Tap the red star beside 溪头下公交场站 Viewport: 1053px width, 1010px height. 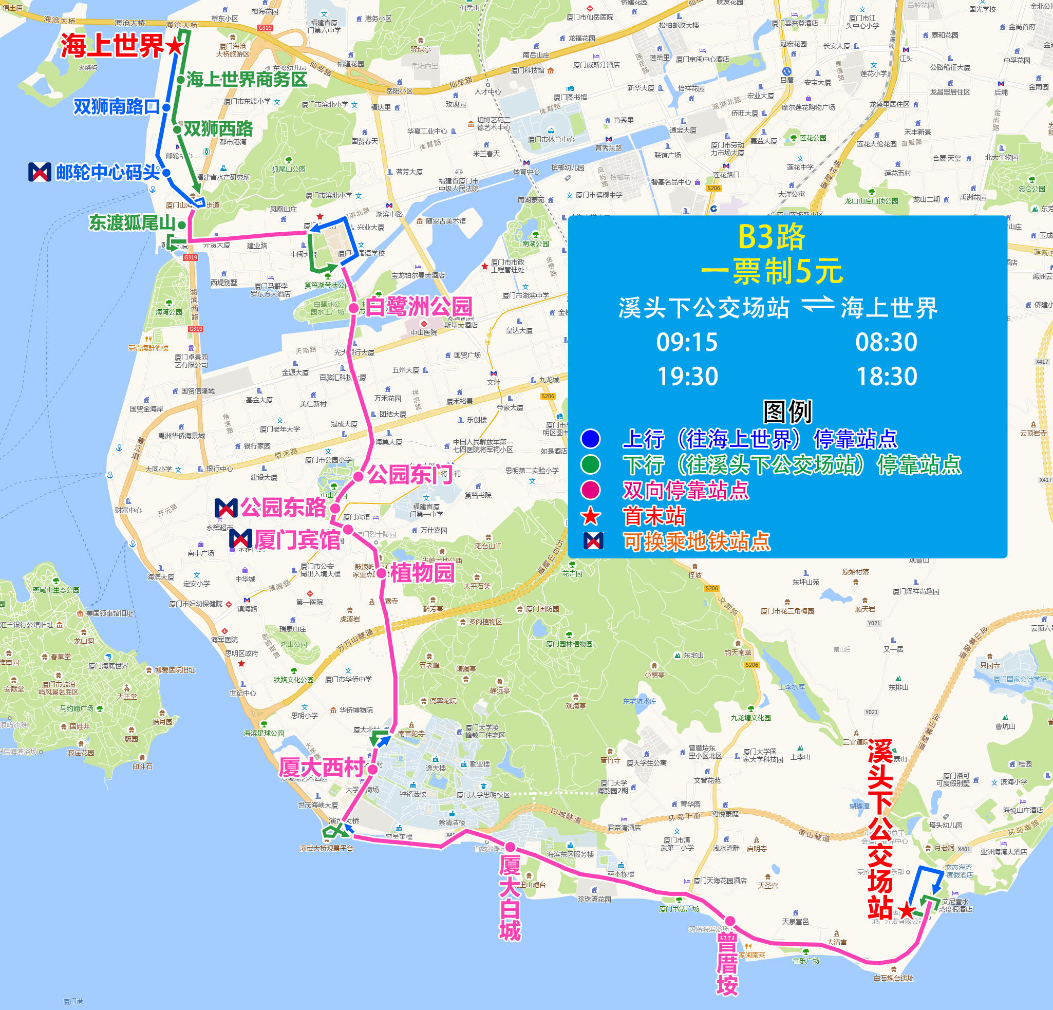coord(907,909)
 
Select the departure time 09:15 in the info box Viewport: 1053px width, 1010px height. coord(687,342)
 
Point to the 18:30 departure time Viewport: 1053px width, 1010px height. coord(887,377)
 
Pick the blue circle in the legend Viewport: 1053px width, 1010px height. coord(590,439)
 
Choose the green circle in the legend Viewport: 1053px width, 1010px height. coord(590,464)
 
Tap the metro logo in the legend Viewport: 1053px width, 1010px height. coord(593,541)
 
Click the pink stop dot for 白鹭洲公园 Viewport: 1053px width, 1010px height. coord(353,308)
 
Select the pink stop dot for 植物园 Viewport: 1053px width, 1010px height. coord(382,573)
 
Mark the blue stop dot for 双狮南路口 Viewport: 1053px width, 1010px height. coord(166,107)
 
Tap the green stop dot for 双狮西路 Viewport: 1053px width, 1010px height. coord(177,129)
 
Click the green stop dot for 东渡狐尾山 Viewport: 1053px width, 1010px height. coord(182,225)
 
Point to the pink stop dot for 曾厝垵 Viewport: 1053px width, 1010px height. coord(729,920)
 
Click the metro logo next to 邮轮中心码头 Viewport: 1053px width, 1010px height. coord(39,172)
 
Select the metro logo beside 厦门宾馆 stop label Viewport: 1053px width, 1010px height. coord(240,538)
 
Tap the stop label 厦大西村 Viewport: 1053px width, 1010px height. coord(321,768)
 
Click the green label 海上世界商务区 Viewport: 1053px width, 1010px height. coord(247,80)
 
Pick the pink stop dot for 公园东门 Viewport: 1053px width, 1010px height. coord(359,476)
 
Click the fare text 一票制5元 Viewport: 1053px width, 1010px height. coord(772,271)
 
